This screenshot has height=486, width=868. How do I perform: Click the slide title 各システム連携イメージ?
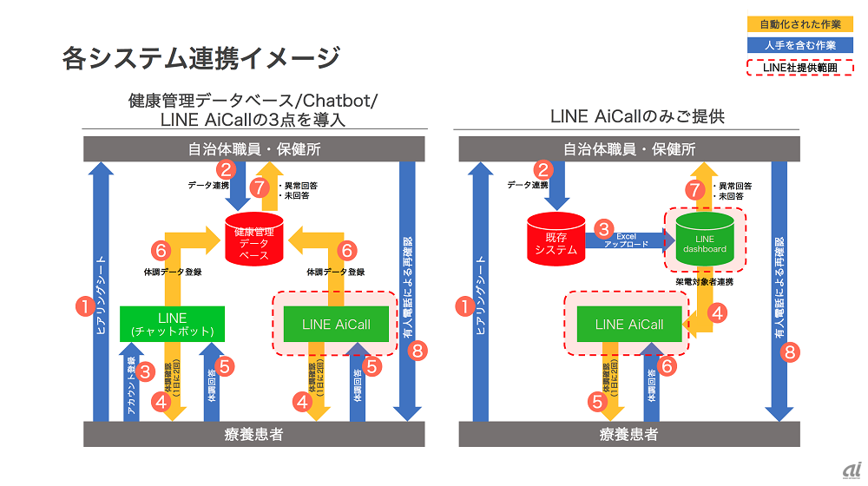(201, 58)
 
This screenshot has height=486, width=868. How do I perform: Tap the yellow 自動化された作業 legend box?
(799, 24)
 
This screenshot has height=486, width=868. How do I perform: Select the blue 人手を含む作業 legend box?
(799, 45)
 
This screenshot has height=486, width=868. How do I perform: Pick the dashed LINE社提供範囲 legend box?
(799, 67)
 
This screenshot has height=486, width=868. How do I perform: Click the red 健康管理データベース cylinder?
(253, 239)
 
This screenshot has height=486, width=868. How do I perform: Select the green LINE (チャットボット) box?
(172, 325)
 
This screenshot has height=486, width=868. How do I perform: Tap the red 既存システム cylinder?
(556, 239)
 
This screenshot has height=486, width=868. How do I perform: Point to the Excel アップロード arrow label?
(632, 240)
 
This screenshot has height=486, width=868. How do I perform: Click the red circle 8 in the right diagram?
(789, 351)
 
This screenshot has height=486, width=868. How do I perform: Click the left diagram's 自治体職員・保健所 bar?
(254, 149)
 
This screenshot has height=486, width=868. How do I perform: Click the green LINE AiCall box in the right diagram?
(628, 325)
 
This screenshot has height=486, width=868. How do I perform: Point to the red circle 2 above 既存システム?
(543, 170)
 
